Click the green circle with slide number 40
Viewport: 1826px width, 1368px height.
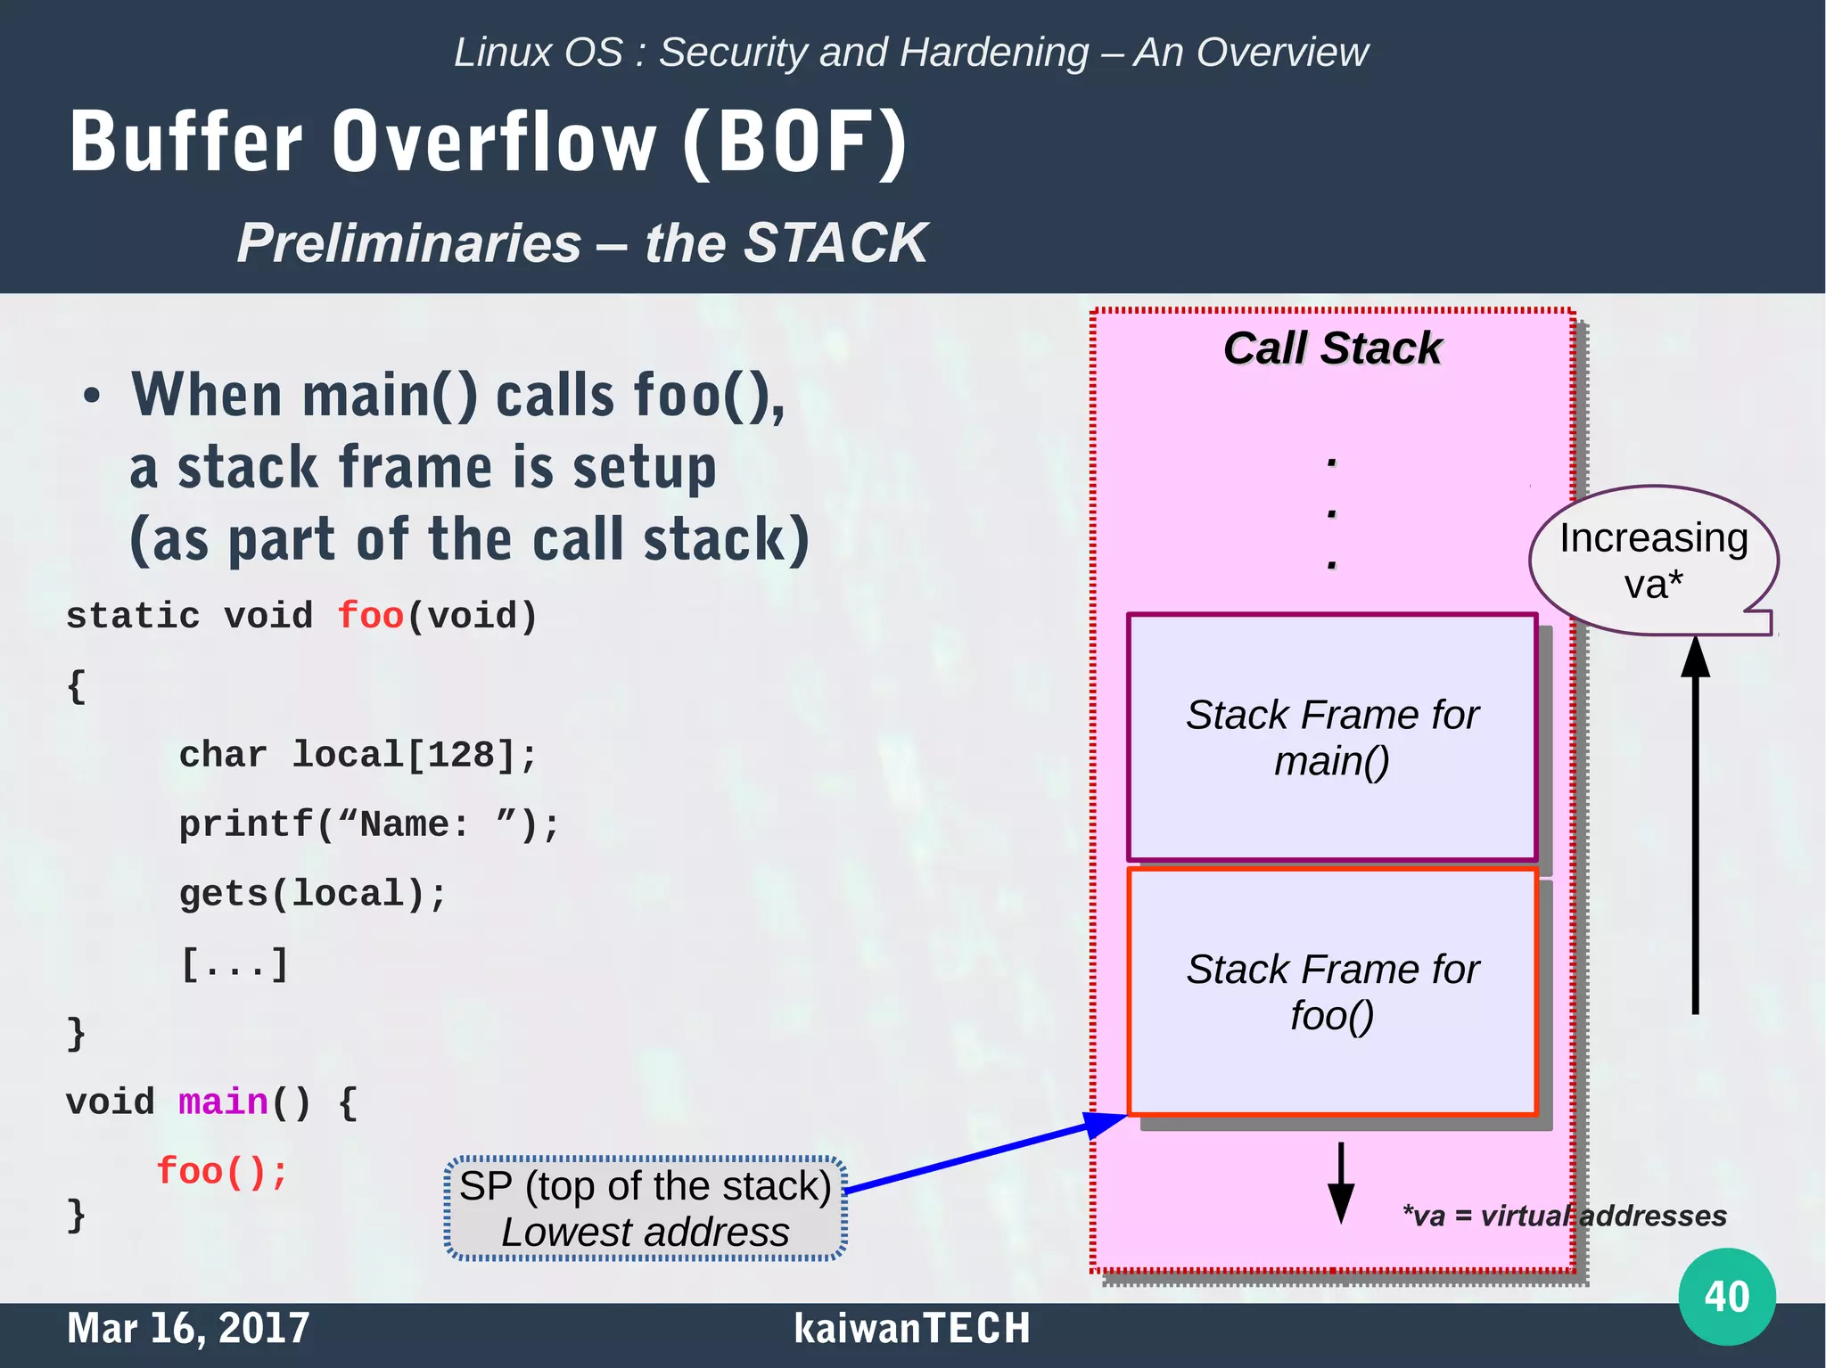click(1726, 1296)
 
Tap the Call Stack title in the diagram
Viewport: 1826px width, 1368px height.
click(1332, 348)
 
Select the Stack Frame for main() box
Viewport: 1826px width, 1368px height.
click(1332, 737)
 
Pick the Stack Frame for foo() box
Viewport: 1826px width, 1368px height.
click(1332, 991)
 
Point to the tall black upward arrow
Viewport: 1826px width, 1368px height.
click(1695, 829)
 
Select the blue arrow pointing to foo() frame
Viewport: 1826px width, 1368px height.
click(981, 1153)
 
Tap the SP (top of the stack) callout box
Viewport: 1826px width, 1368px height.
click(646, 1208)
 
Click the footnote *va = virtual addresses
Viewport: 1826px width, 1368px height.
click(1564, 1216)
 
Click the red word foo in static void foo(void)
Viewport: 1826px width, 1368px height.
click(370, 616)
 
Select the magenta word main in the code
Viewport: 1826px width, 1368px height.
click(223, 1102)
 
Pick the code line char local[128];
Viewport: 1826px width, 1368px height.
click(358, 755)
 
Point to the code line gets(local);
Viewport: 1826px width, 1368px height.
click(312, 894)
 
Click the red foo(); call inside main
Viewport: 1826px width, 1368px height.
click(222, 1171)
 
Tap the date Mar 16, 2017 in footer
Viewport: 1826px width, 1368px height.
click(188, 1328)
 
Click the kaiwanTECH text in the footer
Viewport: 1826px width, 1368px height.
click(911, 1328)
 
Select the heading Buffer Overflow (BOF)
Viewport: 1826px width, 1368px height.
click(489, 142)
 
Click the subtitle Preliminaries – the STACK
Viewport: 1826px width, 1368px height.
click(582, 242)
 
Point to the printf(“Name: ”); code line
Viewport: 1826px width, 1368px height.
click(368, 824)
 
